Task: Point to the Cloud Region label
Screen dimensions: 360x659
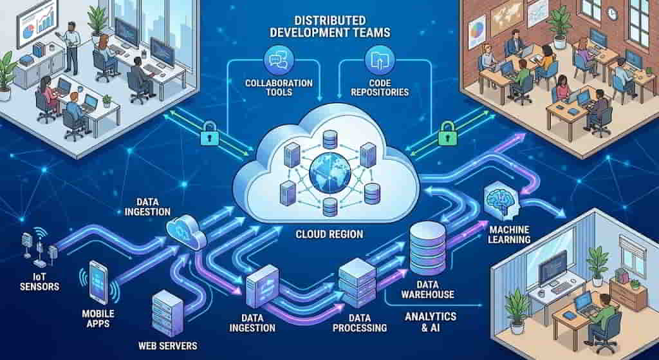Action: coord(329,234)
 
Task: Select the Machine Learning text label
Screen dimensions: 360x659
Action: coord(510,234)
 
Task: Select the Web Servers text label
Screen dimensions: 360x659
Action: coord(168,345)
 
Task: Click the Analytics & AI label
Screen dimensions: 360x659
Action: coord(431,322)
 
